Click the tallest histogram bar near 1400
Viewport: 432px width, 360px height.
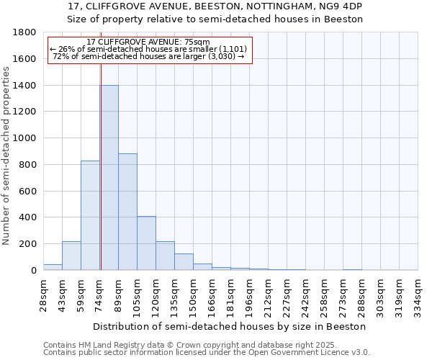click(x=109, y=178)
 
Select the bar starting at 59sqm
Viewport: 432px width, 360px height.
click(x=90, y=215)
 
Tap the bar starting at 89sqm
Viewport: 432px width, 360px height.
click(x=127, y=212)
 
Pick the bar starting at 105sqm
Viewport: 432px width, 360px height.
click(x=146, y=243)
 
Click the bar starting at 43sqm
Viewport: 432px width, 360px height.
click(x=71, y=256)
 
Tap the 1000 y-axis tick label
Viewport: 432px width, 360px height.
click(x=25, y=138)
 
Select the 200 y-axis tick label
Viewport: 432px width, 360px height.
click(x=28, y=244)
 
